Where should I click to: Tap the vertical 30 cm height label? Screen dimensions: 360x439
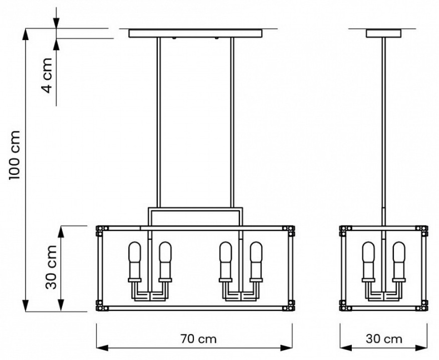(52, 267)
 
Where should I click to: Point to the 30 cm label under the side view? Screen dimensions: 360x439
(385, 338)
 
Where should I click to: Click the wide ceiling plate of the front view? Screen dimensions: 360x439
(195, 33)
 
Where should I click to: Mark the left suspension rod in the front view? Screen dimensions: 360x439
(158, 122)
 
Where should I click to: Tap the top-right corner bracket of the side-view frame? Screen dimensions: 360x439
(424, 228)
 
